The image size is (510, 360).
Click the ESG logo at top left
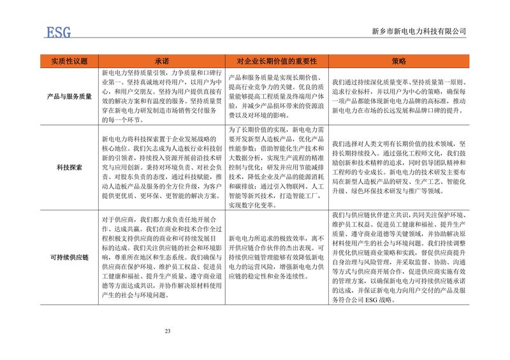[x=57, y=31]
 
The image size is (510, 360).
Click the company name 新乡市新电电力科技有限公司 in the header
[x=418, y=31]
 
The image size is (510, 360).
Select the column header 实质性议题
[x=70, y=61]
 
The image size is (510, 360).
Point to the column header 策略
[x=398, y=61]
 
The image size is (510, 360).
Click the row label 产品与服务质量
[x=70, y=96]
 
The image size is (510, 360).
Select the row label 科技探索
[x=70, y=167]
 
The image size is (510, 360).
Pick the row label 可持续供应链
[x=70, y=257]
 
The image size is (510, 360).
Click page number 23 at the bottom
[x=168, y=330]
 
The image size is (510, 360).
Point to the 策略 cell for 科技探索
[x=398, y=167]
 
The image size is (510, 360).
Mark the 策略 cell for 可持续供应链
[x=398, y=256]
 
